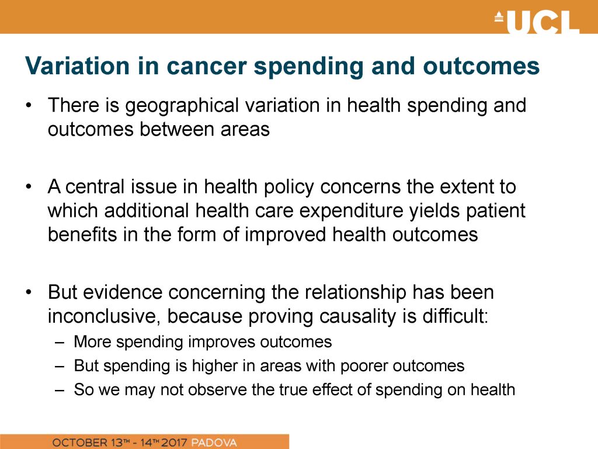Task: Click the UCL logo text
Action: click(x=543, y=22)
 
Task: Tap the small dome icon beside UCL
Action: click(x=499, y=18)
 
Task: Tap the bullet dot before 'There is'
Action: click(x=28, y=105)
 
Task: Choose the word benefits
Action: click(x=82, y=234)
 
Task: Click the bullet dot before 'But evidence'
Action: click(x=28, y=293)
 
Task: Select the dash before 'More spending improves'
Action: click(x=60, y=342)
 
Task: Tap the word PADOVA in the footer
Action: click(x=214, y=443)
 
